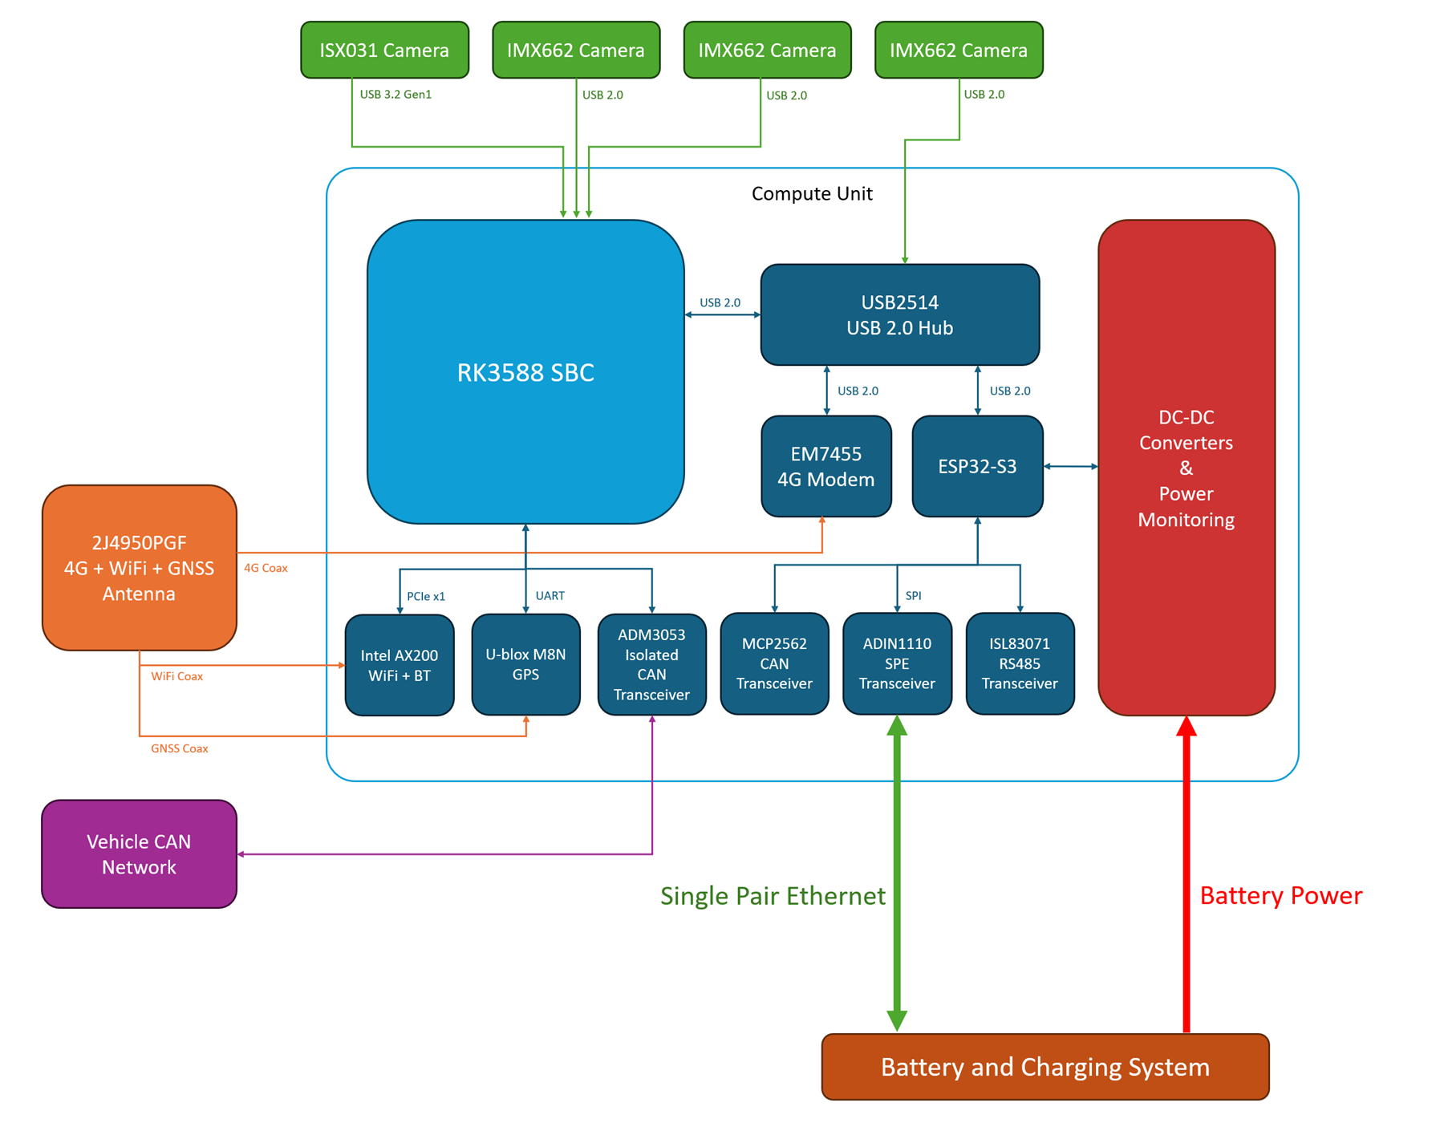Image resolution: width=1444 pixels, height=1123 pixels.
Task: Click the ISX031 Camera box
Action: click(x=384, y=50)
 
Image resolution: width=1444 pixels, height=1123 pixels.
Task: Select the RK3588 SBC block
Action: click(x=525, y=371)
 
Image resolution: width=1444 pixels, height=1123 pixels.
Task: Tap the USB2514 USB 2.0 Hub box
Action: click(x=900, y=314)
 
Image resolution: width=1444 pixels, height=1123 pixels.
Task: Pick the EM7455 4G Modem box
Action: click(x=826, y=466)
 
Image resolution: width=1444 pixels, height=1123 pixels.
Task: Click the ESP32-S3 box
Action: click(x=978, y=466)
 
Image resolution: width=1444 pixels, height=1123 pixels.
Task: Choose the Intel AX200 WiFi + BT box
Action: click(x=400, y=665)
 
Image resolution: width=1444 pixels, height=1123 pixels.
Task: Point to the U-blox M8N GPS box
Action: click(x=525, y=664)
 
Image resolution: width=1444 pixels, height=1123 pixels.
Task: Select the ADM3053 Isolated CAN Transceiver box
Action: click(x=652, y=664)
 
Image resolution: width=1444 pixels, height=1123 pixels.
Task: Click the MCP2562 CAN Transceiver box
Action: click(x=774, y=663)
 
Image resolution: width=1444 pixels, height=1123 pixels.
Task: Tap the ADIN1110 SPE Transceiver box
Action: click(x=897, y=663)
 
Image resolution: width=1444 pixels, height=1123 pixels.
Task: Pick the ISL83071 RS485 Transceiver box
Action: click(x=1020, y=663)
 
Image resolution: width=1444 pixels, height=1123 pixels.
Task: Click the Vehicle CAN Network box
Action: click(x=139, y=853)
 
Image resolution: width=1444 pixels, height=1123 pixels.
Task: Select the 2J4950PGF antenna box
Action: click(x=139, y=568)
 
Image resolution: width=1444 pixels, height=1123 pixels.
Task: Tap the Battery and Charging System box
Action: click(x=1045, y=1067)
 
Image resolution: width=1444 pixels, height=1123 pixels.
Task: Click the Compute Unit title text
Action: click(x=812, y=193)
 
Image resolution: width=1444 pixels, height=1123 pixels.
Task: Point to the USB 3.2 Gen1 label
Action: click(x=395, y=95)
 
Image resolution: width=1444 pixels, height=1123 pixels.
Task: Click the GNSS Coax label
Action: click(x=180, y=748)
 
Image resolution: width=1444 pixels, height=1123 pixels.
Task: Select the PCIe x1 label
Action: click(x=426, y=596)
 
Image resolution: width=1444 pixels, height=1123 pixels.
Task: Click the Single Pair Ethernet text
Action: click(x=773, y=895)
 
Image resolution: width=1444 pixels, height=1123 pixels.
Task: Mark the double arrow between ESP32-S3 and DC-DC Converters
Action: click(x=1071, y=466)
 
